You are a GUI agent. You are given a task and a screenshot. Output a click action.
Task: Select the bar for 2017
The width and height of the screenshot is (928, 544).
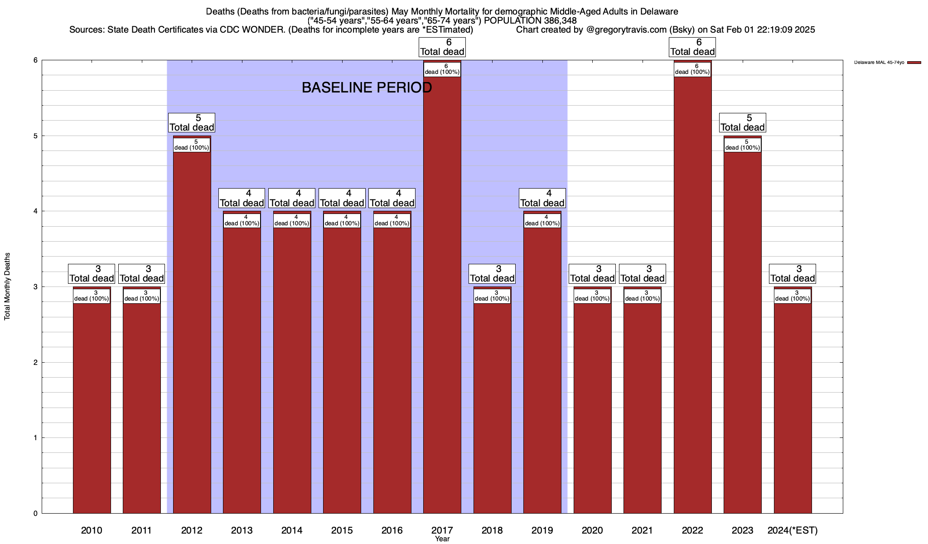[442, 295]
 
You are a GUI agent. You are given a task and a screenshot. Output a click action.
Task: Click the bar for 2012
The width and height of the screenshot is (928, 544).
[192, 331]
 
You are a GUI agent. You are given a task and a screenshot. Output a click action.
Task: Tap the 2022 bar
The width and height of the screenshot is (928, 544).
[692, 295]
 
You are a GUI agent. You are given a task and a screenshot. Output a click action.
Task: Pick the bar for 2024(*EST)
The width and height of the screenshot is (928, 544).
[793, 408]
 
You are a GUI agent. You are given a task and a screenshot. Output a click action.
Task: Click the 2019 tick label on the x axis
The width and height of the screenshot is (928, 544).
[542, 530]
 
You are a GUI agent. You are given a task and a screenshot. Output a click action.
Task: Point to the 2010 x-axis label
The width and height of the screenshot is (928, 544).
[92, 530]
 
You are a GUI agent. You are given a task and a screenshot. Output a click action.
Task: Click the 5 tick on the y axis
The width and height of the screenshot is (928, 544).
[35, 136]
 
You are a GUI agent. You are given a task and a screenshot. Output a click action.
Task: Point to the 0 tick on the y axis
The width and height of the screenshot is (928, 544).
[35, 513]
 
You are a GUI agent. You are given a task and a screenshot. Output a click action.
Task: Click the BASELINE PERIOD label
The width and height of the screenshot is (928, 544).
[367, 87]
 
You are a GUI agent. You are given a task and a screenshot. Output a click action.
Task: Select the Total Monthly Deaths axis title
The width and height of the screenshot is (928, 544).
[7, 286]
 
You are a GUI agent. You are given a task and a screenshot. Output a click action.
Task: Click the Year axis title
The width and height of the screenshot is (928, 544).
[442, 539]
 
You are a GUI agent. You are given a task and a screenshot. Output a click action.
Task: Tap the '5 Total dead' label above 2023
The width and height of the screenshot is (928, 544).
[742, 123]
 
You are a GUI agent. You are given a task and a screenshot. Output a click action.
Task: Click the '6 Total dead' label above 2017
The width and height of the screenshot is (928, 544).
[442, 47]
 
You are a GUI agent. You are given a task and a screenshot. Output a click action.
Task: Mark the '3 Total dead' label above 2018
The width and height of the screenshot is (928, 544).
[492, 274]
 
